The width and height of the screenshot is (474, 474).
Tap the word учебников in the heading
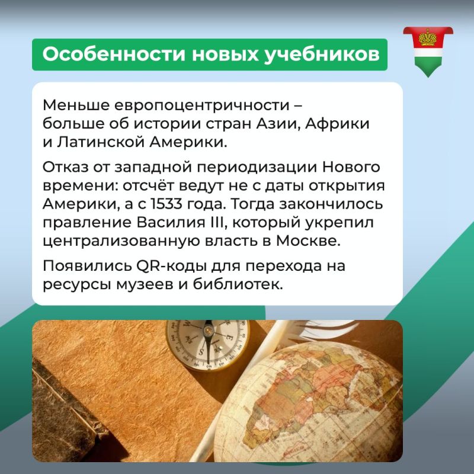click(x=321, y=55)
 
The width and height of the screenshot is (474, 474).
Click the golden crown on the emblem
click(x=428, y=37)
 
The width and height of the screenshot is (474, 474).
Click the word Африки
click(x=337, y=124)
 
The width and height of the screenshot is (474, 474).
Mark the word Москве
click(x=308, y=241)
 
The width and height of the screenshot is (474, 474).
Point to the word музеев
click(x=145, y=284)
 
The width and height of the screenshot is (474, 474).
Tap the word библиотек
click(x=238, y=284)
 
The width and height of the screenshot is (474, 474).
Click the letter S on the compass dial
click(x=201, y=352)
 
